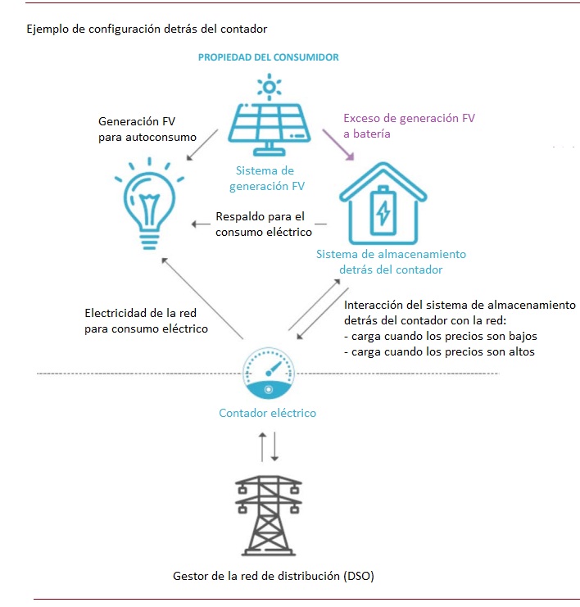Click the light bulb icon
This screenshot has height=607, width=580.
click(x=149, y=204)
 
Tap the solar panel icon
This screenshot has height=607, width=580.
click(x=269, y=129)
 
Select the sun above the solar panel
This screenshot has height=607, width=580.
click(x=270, y=87)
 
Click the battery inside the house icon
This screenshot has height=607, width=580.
click(x=383, y=211)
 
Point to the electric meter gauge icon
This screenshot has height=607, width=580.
click(x=269, y=374)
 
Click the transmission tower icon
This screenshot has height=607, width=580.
click(x=269, y=515)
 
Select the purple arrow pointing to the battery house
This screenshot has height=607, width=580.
click(x=338, y=145)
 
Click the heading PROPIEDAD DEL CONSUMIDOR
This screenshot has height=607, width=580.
click(x=269, y=57)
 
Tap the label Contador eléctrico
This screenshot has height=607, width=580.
click(x=268, y=413)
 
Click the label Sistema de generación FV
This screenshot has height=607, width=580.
click(x=267, y=179)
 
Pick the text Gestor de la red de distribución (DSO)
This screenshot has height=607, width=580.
click(x=274, y=576)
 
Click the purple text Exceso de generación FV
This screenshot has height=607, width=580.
click(x=410, y=118)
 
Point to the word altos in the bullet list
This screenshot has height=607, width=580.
click(x=522, y=351)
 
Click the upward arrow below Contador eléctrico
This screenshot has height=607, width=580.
click(x=262, y=446)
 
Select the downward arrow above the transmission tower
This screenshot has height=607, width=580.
click(x=274, y=446)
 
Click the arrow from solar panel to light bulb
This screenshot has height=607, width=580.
click(x=202, y=145)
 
